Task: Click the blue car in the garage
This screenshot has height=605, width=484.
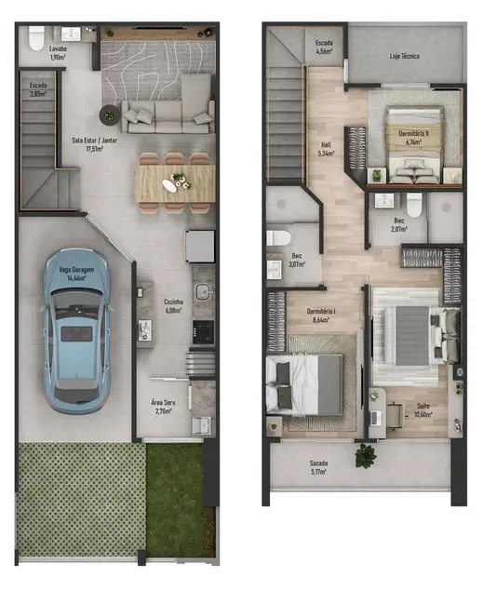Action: point(79,328)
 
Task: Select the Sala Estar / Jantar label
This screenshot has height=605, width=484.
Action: point(95,143)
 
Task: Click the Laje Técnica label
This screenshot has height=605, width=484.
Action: point(404,57)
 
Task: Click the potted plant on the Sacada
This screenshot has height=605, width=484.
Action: point(365,455)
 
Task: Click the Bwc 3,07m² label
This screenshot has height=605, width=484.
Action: point(297,259)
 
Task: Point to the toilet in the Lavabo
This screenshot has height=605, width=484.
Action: point(35,38)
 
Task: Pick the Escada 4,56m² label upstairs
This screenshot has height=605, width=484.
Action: point(324,47)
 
